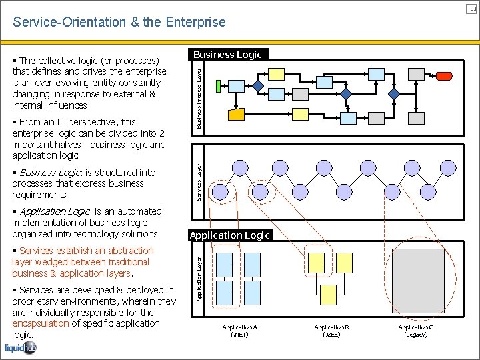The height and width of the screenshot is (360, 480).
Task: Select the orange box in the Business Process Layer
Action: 237,114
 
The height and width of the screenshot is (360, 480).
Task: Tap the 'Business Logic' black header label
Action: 227,55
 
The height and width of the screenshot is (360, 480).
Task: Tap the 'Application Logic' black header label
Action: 229,235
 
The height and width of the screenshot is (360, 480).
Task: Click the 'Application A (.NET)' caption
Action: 239,331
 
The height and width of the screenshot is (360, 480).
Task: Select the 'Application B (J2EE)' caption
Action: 331,331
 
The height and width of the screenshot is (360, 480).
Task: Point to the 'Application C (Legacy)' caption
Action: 415,331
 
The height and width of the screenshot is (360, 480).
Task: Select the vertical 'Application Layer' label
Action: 199,273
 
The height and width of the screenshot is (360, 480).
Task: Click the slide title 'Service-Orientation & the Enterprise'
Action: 119,22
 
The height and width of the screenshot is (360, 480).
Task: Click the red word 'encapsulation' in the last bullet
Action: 40,323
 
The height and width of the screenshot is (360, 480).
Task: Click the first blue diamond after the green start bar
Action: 258,85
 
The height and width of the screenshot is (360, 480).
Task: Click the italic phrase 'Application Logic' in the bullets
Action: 55,211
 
